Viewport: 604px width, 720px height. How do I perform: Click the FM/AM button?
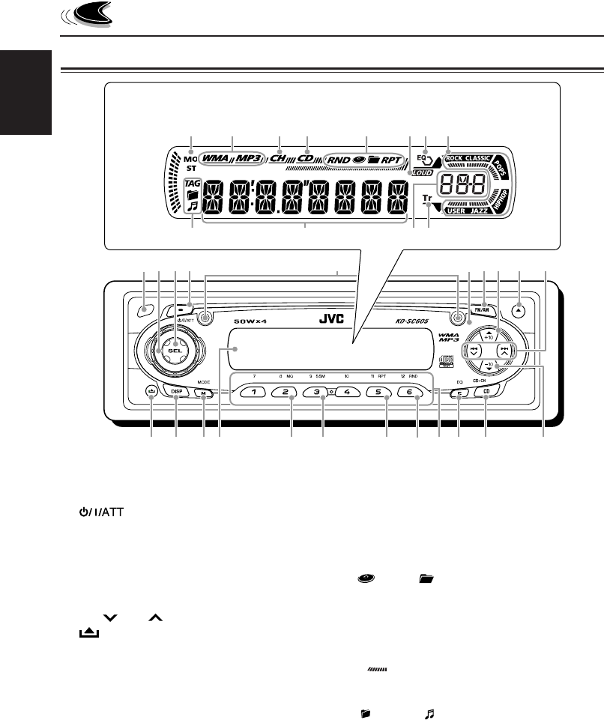point(481,309)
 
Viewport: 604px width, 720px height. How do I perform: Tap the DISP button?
point(176,391)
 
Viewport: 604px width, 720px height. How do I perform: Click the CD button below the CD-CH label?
point(486,391)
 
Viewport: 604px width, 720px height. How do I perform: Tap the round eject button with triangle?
point(519,309)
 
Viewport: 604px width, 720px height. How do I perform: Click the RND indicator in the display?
point(339,160)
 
